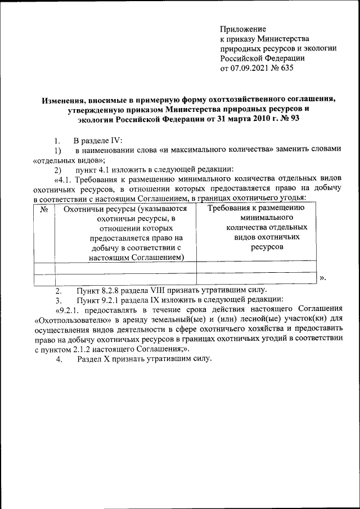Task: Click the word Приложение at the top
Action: click(242, 29)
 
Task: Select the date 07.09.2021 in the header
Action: click(251, 69)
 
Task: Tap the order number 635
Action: click(286, 69)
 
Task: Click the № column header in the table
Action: click(44, 209)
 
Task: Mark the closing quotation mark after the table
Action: click(322, 278)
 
